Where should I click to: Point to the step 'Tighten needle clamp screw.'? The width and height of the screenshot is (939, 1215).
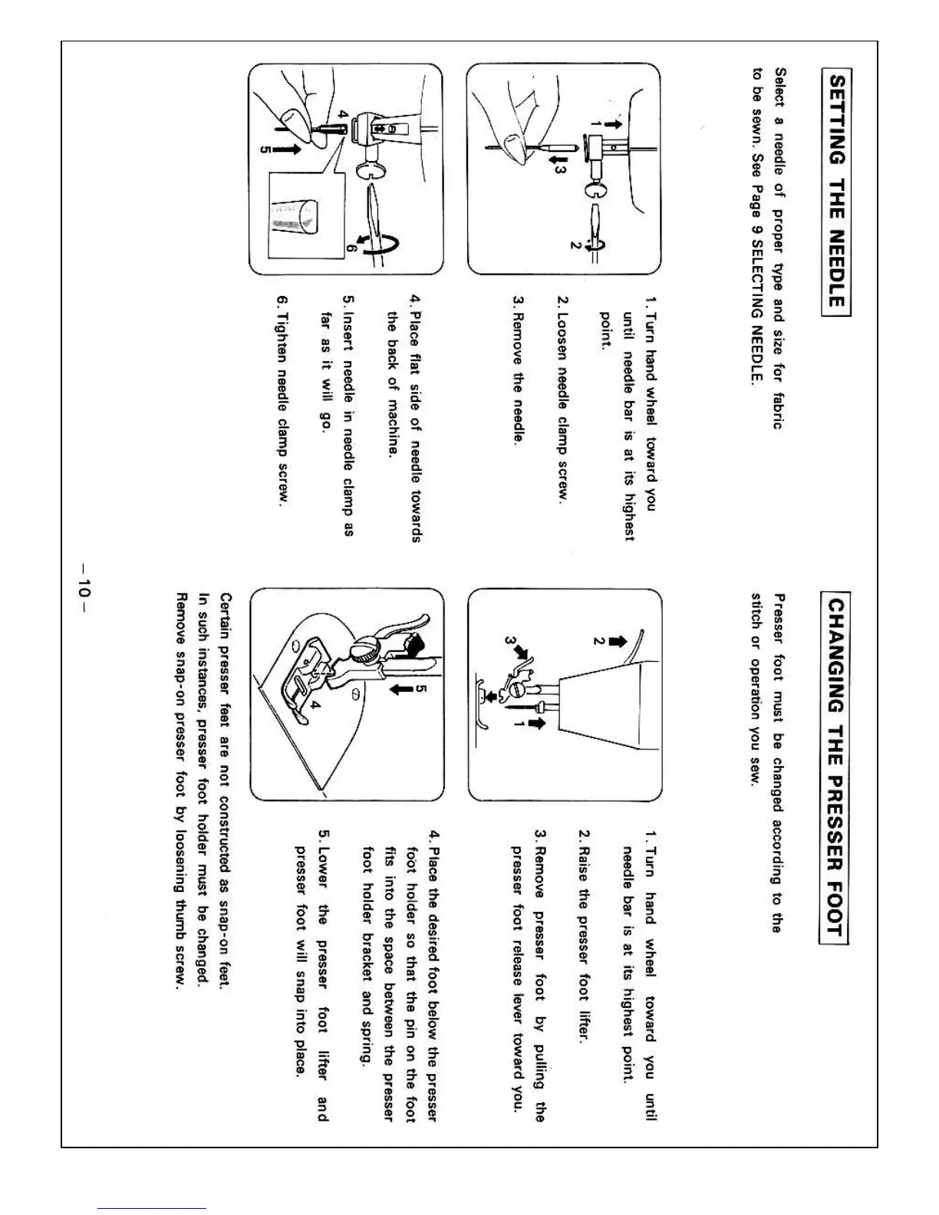coord(282,400)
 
